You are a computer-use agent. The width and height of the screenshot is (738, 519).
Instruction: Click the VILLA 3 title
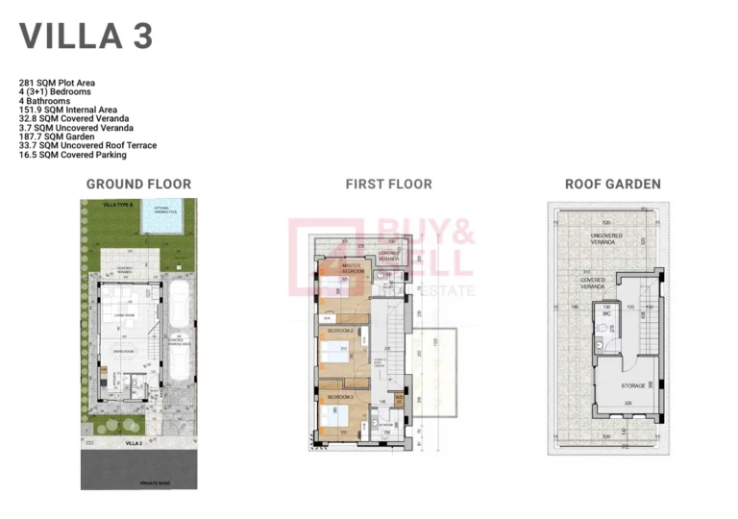(86, 36)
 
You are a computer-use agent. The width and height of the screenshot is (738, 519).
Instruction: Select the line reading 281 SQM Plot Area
(57, 84)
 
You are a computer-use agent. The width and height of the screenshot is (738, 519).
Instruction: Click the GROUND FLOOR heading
(138, 184)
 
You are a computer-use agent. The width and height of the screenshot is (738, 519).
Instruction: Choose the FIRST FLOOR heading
(388, 184)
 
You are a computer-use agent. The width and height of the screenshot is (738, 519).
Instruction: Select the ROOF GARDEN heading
(612, 184)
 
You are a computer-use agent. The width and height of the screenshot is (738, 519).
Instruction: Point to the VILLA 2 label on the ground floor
(133, 444)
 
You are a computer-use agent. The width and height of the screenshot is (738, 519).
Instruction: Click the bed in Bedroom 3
(335, 416)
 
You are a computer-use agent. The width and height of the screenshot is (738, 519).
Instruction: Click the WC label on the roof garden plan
(606, 313)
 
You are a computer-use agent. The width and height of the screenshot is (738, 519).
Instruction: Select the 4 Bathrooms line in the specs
(44, 101)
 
